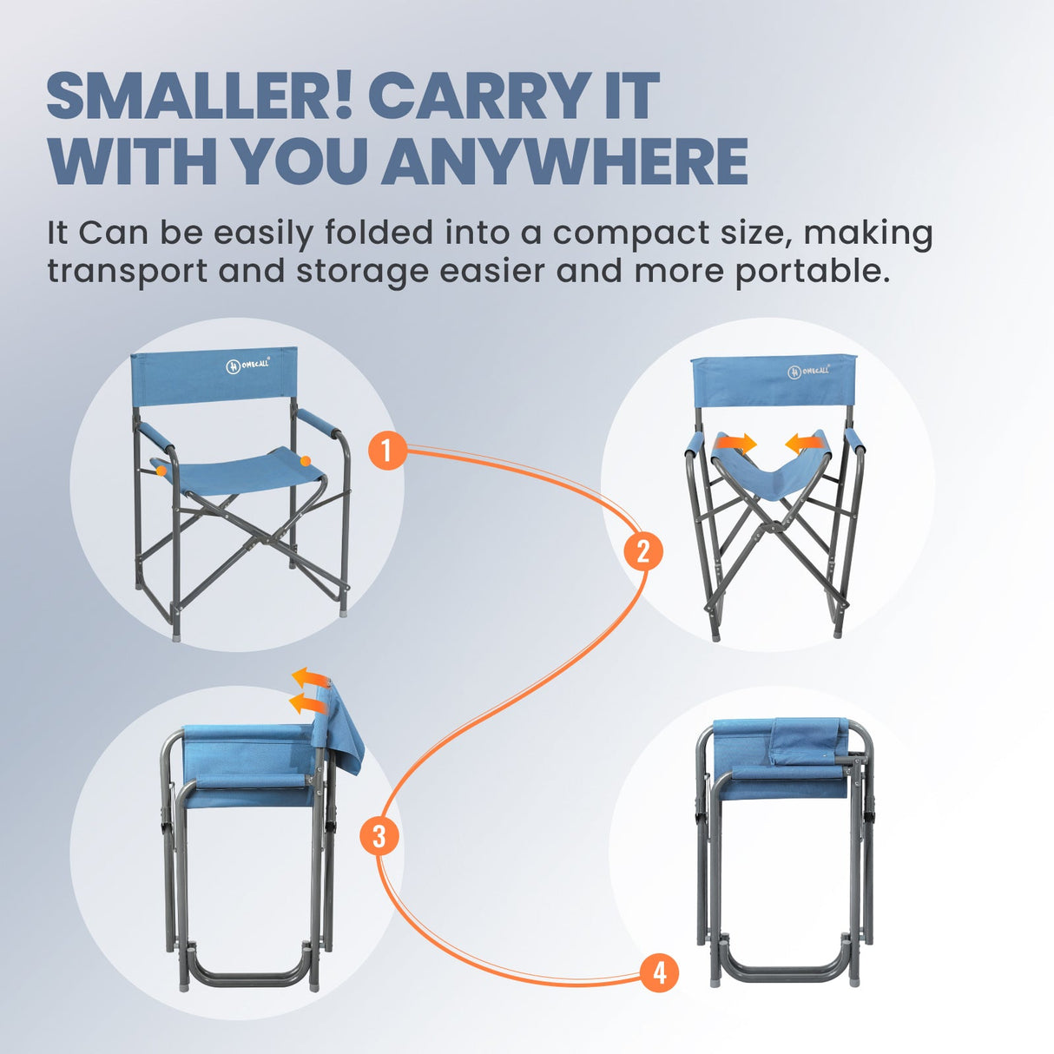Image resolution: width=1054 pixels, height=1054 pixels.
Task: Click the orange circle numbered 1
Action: pyautogui.click(x=388, y=450)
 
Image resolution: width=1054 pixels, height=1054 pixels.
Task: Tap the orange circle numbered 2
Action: pyautogui.click(x=642, y=551)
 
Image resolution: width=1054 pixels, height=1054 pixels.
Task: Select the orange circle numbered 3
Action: pyautogui.click(x=379, y=836)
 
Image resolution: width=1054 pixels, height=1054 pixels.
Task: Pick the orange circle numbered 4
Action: pyautogui.click(x=659, y=972)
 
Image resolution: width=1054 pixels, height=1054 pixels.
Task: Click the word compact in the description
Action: pyautogui.click(x=630, y=234)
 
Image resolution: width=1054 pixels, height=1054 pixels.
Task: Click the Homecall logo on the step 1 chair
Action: pyautogui.click(x=248, y=365)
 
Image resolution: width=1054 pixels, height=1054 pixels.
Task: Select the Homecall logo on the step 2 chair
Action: pyautogui.click(x=808, y=371)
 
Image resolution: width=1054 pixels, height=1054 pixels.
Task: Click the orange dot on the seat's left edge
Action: pyautogui.click(x=161, y=469)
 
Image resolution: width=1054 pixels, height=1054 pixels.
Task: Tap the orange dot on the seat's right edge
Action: pyautogui.click(x=306, y=460)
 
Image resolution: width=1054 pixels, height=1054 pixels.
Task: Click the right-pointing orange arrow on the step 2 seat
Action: pyautogui.click(x=735, y=444)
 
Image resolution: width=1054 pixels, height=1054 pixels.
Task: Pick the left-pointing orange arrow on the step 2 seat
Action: pyautogui.click(x=804, y=444)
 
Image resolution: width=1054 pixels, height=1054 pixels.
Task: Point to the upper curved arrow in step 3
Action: pyautogui.click(x=310, y=677)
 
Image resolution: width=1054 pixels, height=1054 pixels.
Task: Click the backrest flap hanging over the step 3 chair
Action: pyautogui.click(x=344, y=729)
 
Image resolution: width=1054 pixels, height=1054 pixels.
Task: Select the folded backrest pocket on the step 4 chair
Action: pyautogui.click(x=807, y=741)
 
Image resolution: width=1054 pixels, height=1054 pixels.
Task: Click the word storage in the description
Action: pyautogui.click(x=362, y=271)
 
